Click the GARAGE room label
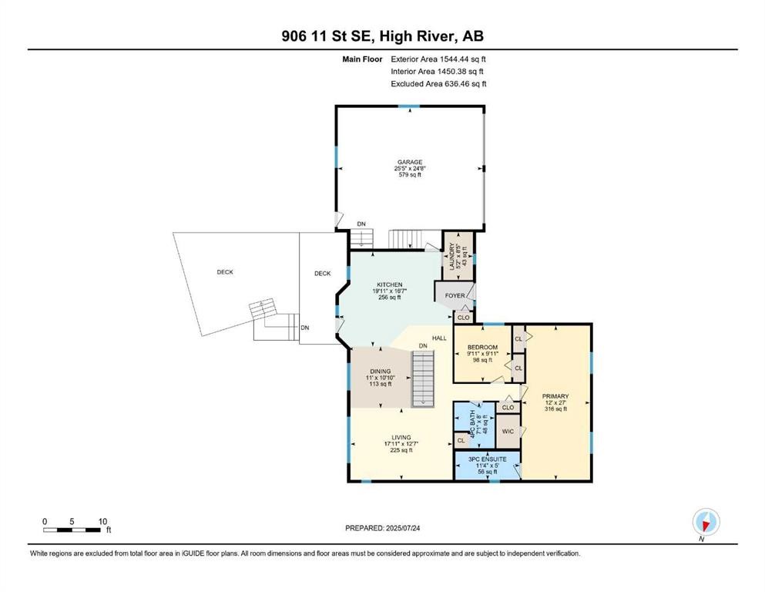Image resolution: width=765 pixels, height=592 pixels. [x=409, y=162]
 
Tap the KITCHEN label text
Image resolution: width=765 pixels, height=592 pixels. [x=389, y=284]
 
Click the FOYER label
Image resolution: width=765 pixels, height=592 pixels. [x=455, y=294]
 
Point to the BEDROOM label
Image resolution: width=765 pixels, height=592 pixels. [x=482, y=348]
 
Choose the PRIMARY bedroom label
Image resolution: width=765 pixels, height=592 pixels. [x=555, y=396]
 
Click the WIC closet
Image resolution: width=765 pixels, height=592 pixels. [x=508, y=432]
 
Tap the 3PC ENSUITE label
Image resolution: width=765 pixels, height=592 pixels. [x=486, y=459]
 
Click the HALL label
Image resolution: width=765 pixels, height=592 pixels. [x=439, y=338]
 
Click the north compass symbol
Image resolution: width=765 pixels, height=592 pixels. [x=706, y=522]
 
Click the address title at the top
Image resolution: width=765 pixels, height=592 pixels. [x=382, y=36]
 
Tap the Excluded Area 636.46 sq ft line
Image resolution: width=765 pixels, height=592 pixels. [x=438, y=84]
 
